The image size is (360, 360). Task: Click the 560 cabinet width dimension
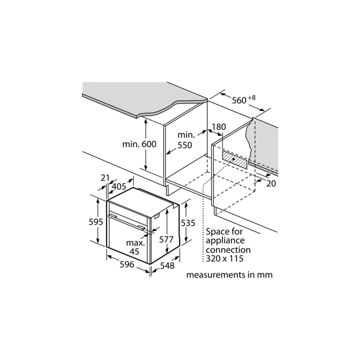pyautogui.click(x=239, y=100)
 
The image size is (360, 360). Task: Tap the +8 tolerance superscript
pyautogui.click(x=252, y=98)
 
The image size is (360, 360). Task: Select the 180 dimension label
pyautogui.click(x=219, y=127)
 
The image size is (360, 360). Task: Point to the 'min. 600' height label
pyautogui.click(x=139, y=144)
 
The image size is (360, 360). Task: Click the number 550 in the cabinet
pyautogui.click(x=185, y=145)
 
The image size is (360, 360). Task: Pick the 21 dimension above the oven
pyautogui.click(x=105, y=178)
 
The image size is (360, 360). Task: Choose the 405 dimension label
pyautogui.click(x=119, y=186)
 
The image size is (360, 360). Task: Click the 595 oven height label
pyautogui.click(x=96, y=222)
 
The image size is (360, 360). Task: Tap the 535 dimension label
pyautogui.click(x=188, y=223)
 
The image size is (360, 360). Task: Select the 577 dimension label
pyautogui.click(x=166, y=239)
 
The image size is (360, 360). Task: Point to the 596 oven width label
pyautogui.click(x=127, y=265)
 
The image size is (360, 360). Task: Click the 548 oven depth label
pyautogui.click(x=167, y=266)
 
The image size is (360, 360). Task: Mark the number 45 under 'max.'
pyautogui.click(x=135, y=252)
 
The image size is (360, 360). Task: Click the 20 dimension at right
pyautogui.click(x=271, y=184)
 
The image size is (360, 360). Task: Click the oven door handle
pyautogui.click(x=126, y=222)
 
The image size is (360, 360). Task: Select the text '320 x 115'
pyautogui.click(x=225, y=258)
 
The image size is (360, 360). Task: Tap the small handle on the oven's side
pyautogui.click(x=157, y=216)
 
